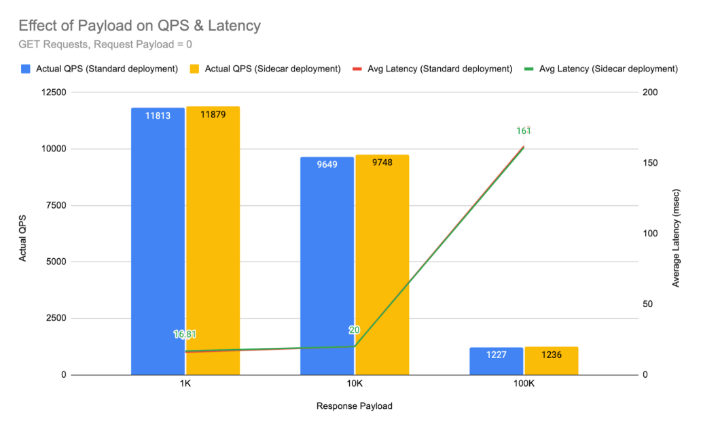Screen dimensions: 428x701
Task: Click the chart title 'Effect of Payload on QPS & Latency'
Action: coord(139,26)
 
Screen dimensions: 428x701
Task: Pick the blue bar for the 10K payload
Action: coord(327,265)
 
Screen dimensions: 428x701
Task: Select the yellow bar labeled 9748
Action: coord(382,265)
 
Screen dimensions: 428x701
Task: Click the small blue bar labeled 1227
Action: coord(497,361)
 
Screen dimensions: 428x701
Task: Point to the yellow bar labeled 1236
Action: coord(551,361)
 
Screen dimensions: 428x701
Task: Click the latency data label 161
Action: coord(523,130)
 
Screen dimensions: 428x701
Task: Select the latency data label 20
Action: coord(354,330)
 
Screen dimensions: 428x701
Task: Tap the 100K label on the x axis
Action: coord(524,384)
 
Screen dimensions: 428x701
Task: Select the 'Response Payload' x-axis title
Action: coord(354,406)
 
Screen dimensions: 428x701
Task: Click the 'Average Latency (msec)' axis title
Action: coord(676,233)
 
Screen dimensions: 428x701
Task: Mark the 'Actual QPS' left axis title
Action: coord(22,233)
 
